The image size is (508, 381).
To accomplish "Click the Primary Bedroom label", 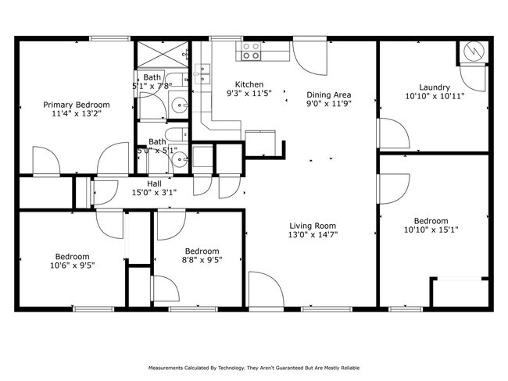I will tap(77, 104).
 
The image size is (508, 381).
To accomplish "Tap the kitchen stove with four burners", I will tap(251, 51).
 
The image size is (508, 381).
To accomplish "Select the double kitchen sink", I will tap(204, 74).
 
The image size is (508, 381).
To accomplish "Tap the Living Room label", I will tap(313, 225).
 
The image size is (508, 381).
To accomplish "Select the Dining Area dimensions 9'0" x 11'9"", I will tap(327, 103).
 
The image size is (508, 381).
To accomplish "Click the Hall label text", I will tap(154, 183).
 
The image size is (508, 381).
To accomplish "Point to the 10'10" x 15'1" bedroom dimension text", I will tap(431, 230).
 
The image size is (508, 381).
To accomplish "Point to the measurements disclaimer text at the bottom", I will tap(253, 367).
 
